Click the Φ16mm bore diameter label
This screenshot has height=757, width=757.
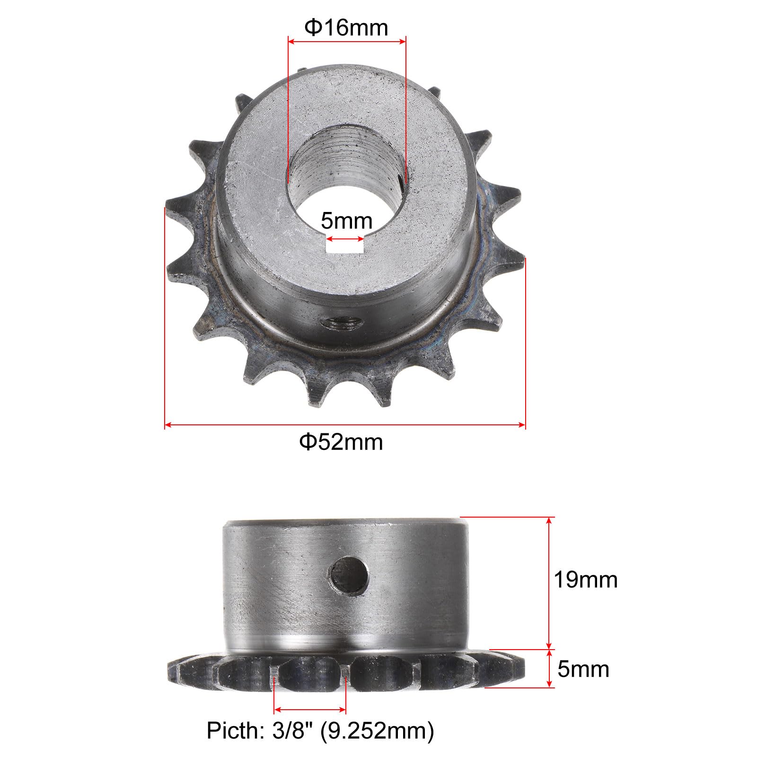pyautogui.click(x=346, y=28)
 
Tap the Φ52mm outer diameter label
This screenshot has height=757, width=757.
pyautogui.click(x=341, y=442)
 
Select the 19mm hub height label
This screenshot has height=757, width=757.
pyautogui.click(x=585, y=580)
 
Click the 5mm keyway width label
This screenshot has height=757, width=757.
pyautogui.click(x=346, y=221)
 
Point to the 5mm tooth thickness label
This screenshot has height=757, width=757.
pyautogui.click(x=583, y=669)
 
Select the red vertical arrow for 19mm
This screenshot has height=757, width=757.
pyautogui.click(x=549, y=582)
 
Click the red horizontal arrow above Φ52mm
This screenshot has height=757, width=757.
pyautogui.click(x=345, y=425)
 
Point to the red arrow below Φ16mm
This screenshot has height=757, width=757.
pyautogui.click(x=347, y=42)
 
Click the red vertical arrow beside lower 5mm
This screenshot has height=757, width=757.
pyautogui.click(x=549, y=668)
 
